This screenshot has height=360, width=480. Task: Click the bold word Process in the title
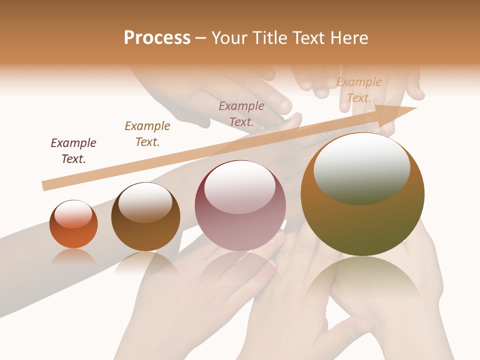(x=157, y=38)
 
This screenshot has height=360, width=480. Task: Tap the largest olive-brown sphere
(x=362, y=220)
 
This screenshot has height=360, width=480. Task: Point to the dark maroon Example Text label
(x=73, y=151)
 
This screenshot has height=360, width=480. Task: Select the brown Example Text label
(x=147, y=134)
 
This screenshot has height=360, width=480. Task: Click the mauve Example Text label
(x=241, y=114)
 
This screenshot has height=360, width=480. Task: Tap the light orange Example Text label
(x=359, y=90)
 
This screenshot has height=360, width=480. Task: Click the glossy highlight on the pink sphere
(x=240, y=187)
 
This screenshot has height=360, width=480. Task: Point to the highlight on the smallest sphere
(x=73, y=214)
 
